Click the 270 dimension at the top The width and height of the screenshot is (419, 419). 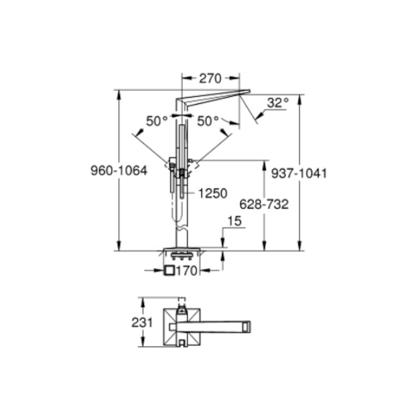[x=210, y=79]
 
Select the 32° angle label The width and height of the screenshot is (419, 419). [x=278, y=102]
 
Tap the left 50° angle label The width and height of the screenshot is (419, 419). [x=157, y=121]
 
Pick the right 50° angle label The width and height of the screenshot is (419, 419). [x=208, y=121]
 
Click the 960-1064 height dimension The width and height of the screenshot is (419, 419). [x=119, y=171]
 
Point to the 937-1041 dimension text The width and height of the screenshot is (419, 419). [x=299, y=173]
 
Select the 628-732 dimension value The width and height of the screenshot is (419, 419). [x=264, y=204]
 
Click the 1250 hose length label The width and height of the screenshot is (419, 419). [x=213, y=193]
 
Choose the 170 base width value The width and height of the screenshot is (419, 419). [x=186, y=271]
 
